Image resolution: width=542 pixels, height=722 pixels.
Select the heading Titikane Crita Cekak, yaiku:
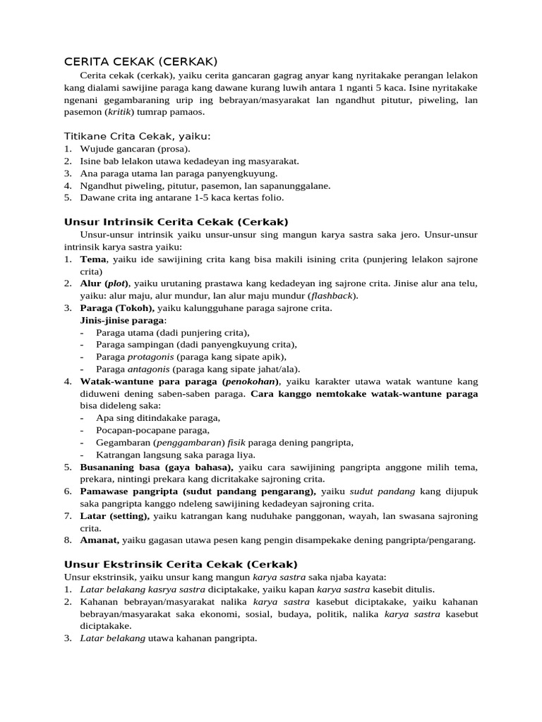pyautogui.click(x=138, y=135)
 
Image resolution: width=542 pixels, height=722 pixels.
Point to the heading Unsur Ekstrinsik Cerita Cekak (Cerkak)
pyautogui.click(x=181, y=564)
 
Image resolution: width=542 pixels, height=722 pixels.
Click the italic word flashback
pyautogui.click(x=333, y=295)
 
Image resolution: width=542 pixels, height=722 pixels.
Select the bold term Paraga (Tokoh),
pyautogui.click(x=117, y=307)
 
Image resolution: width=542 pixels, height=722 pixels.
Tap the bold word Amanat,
pyautogui.click(x=100, y=540)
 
